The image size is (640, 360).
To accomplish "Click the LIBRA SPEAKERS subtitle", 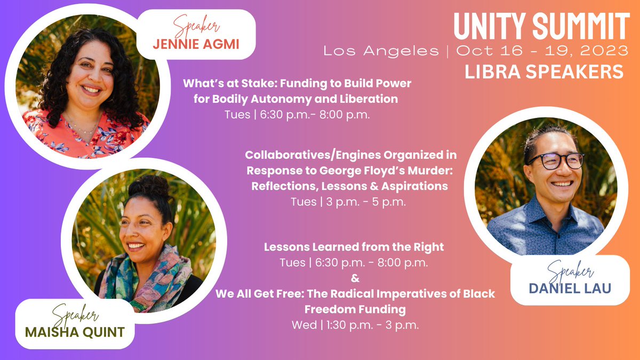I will (x=544, y=73).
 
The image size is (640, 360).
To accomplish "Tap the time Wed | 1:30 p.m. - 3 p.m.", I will (x=355, y=325).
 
